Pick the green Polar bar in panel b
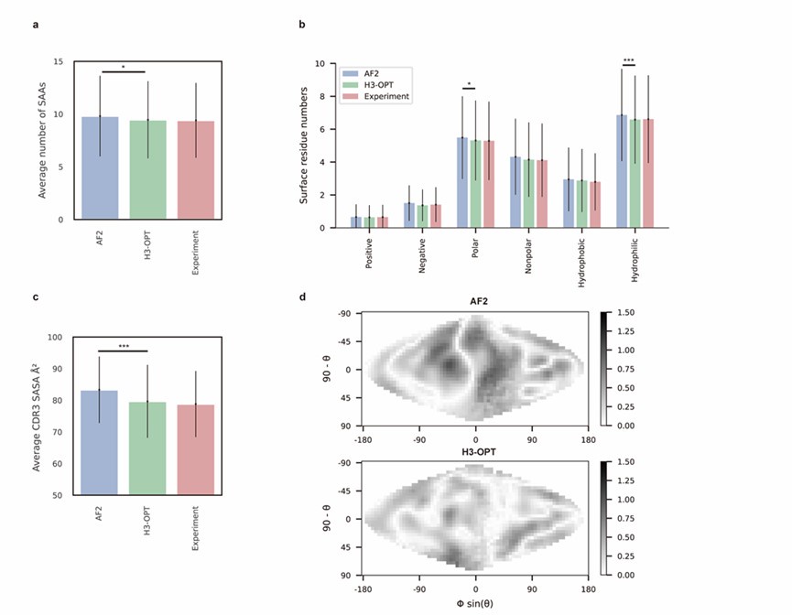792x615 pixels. click(x=476, y=183)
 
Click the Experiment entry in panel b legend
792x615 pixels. click(x=384, y=96)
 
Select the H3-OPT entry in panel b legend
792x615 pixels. click(x=377, y=84)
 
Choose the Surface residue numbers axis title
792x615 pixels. click(x=306, y=146)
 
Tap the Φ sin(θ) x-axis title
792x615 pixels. click(x=475, y=604)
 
